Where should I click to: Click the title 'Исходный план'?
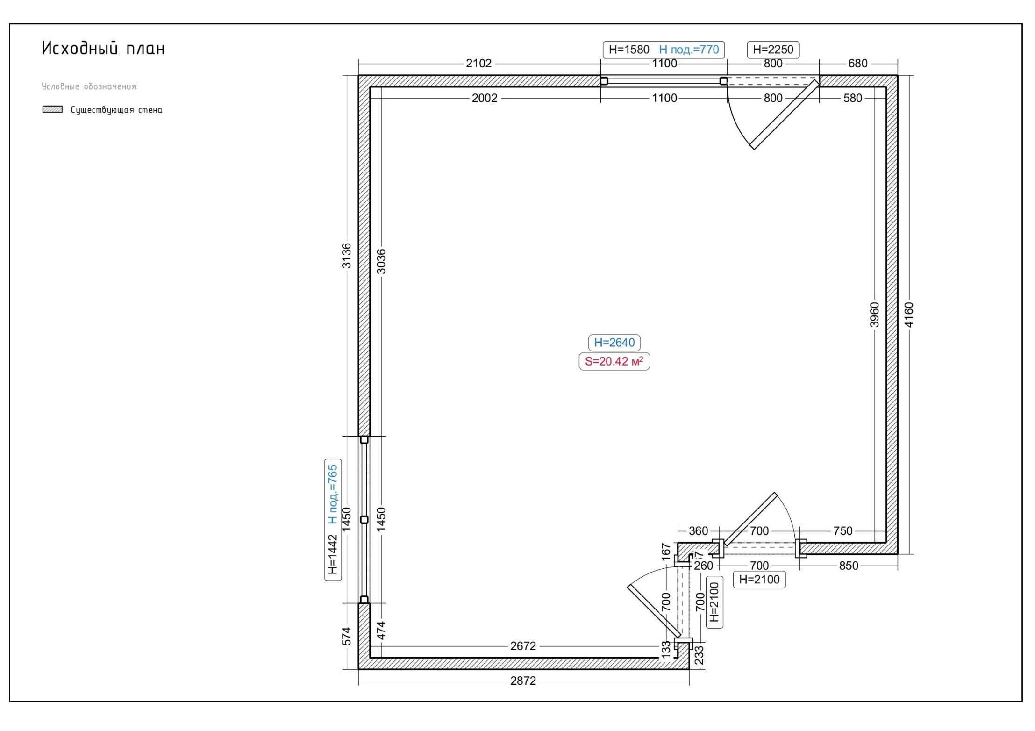coord(103,48)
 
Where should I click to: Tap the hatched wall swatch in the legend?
coord(52,109)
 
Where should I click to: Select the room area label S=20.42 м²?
coord(614,361)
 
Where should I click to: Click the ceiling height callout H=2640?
coord(614,343)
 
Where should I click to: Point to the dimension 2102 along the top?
coord(479,63)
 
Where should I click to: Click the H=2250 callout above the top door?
coord(773,50)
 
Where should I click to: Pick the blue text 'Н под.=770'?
coord(689,50)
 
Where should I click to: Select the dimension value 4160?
coord(908,315)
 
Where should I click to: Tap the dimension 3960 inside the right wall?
coord(874,315)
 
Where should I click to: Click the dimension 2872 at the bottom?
coord(523,681)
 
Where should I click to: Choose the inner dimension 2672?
coord(523,646)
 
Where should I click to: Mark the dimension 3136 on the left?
coord(346,256)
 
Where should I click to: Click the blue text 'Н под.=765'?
coord(332,494)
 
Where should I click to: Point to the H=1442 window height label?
coord(332,554)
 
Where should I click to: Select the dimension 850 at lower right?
coord(849,566)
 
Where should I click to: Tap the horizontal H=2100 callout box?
coord(759,580)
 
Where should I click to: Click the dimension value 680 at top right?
coord(858,63)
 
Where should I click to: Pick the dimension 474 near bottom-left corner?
coord(381,631)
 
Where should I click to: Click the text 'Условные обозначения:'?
coord(90,86)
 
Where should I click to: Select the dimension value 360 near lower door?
coord(699,531)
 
